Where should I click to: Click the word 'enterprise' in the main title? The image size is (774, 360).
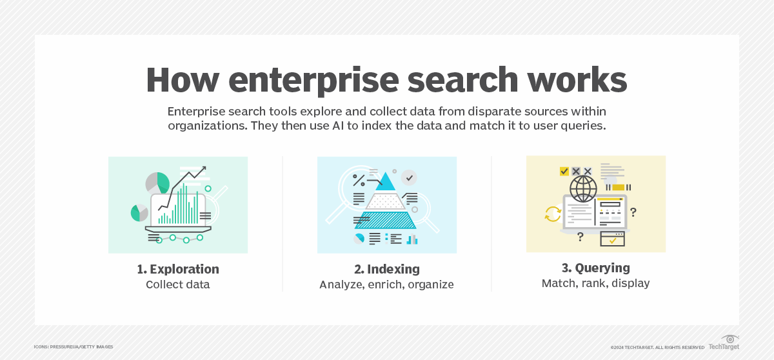[315, 80]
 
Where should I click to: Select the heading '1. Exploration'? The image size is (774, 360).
[178, 269]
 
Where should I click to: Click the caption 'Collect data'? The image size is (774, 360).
[178, 285]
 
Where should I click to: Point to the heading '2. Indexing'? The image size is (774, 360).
[386, 269]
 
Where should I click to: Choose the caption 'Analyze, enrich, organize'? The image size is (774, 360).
[386, 285]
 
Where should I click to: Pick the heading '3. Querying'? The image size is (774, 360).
[595, 268]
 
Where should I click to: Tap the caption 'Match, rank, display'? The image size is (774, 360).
[595, 283]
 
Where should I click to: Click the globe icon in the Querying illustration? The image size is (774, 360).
[583, 190]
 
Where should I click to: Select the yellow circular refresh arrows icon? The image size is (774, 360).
[553, 214]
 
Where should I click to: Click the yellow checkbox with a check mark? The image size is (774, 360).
[564, 171]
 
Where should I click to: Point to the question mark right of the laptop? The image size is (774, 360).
[633, 212]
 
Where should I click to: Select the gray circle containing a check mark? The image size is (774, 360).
[409, 177]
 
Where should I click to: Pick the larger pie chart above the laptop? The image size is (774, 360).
[157, 183]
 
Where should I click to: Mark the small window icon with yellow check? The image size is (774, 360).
[612, 239]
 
